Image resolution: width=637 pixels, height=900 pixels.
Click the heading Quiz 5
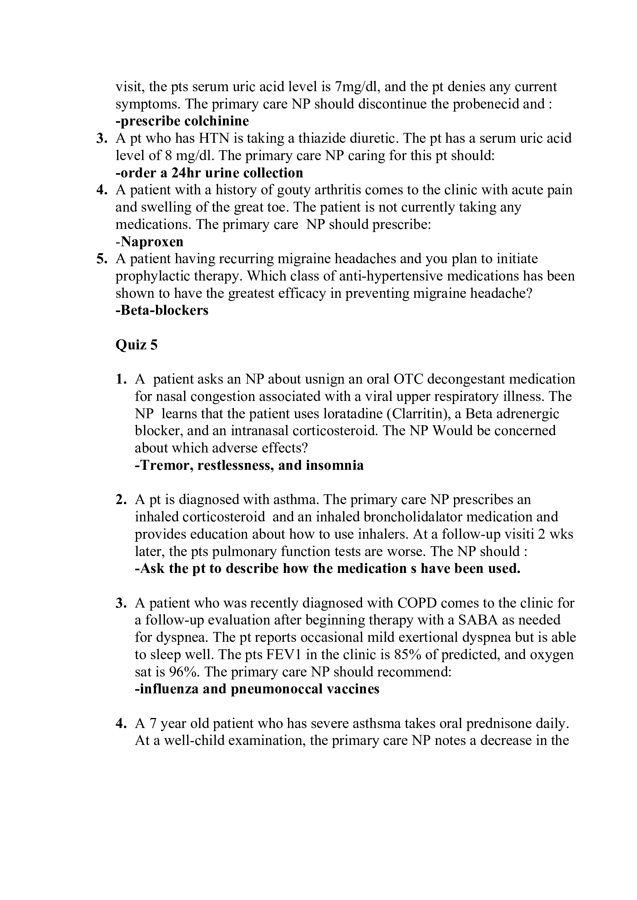tap(136, 344)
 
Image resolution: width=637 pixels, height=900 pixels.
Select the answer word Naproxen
tap(152, 242)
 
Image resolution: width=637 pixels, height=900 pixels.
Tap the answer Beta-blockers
tap(162, 310)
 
